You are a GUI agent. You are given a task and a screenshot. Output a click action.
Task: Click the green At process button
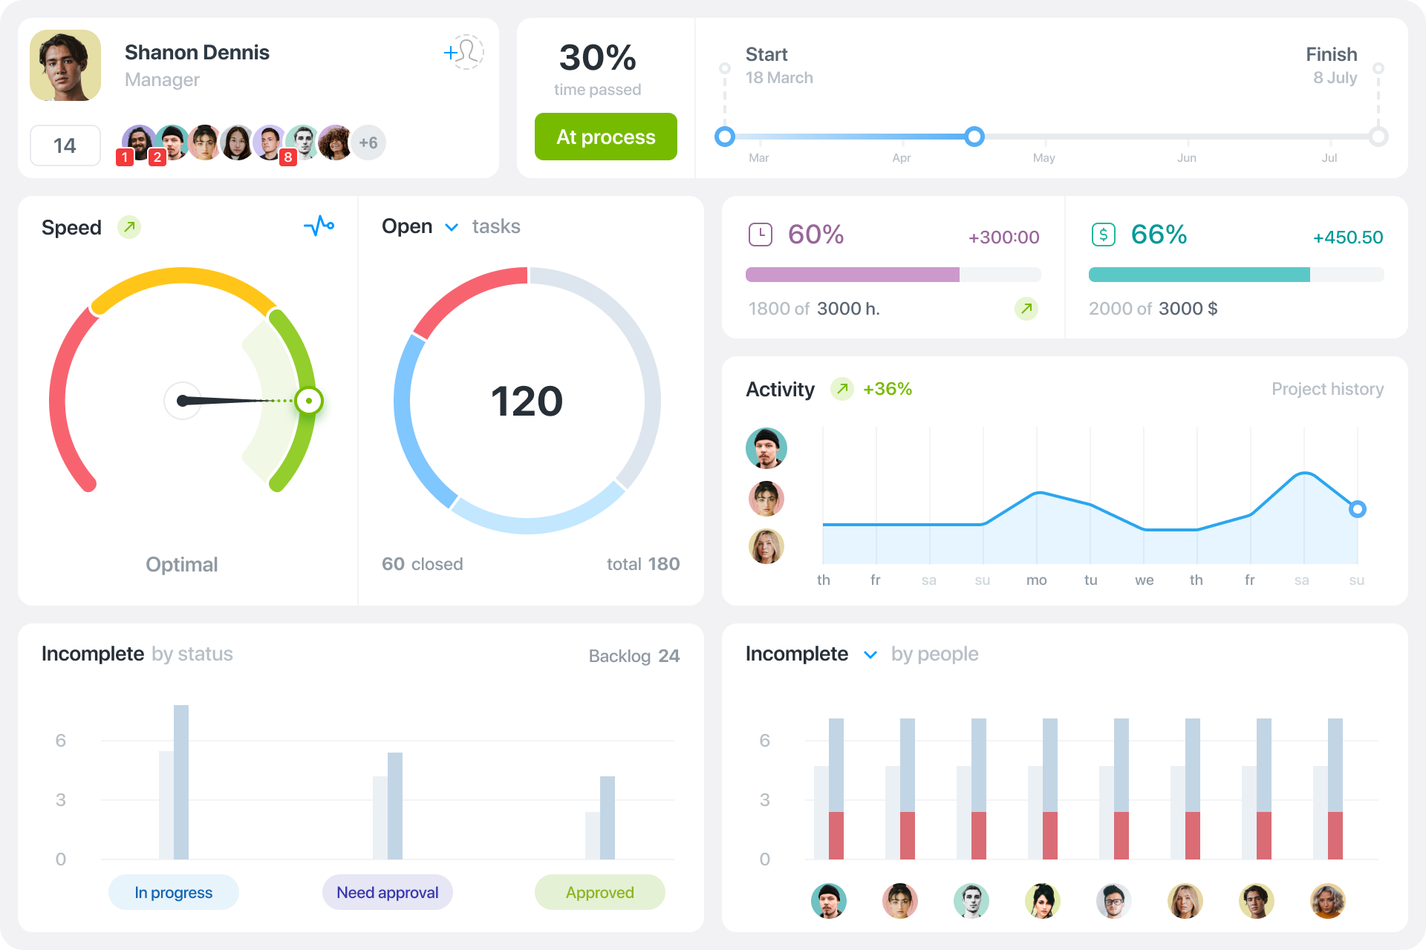605,137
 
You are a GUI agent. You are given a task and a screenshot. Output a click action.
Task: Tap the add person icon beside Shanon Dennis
464,52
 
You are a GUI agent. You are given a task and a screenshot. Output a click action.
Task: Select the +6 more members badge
368,142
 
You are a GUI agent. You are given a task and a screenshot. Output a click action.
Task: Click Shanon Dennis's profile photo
65,65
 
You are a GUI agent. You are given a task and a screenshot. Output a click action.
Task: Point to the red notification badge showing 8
287,157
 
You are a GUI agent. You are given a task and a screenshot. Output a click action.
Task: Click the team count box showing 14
65,145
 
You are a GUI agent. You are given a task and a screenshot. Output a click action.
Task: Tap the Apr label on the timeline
902,158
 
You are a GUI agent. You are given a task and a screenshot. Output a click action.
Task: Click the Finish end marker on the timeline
1378,137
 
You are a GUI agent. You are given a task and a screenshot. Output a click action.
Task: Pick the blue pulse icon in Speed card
319,226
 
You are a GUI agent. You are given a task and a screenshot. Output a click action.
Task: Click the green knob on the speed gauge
309,401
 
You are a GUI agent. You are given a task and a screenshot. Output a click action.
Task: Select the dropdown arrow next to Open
452,227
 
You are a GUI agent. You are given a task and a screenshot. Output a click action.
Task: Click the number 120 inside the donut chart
527,402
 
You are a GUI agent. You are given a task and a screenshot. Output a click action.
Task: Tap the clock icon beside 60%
761,235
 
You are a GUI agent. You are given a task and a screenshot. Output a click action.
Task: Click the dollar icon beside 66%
1104,235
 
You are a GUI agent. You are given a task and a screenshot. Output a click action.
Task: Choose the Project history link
1327,389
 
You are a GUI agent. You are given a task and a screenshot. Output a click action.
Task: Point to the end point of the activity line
1358,509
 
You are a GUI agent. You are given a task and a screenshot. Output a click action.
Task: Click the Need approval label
387,892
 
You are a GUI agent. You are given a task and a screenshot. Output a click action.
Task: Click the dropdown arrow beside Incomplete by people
870,655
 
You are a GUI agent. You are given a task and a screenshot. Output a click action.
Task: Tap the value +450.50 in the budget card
1347,237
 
